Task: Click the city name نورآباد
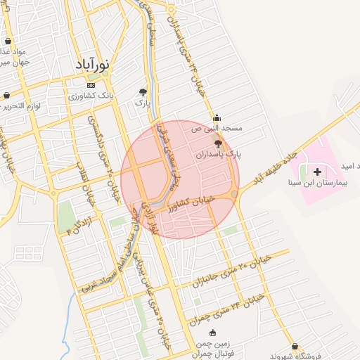(x=94, y=65)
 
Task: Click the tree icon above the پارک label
(x=143, y=91)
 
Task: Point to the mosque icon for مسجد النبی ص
(x=217, y=117)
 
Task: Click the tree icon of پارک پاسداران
(x=218, y=143)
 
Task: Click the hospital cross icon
(x=317, y=172)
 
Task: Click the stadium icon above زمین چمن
(x=224, y=333)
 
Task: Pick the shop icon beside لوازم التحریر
(x=6, y=96)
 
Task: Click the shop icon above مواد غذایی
(x=6, y=41)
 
